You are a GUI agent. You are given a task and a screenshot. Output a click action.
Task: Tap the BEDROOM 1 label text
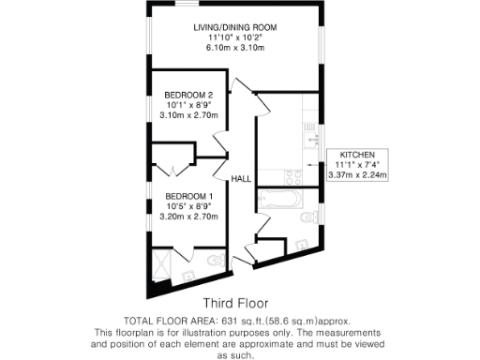click(x=189, y=195)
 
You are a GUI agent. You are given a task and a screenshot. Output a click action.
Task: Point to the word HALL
click(x=241, y=177)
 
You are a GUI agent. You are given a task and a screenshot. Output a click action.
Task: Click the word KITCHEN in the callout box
click(x=357, y=154)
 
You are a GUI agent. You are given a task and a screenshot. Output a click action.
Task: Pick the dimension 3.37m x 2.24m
click(x=357, y=174)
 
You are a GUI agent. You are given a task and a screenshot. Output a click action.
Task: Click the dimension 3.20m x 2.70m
click(x=189, y=216)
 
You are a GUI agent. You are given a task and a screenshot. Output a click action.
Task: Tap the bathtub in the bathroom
click(x=278, y=199)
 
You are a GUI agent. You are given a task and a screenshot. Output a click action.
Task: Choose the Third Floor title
click(x=235, y=304)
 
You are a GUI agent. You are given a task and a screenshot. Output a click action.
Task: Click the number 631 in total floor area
click(x=229, y=321)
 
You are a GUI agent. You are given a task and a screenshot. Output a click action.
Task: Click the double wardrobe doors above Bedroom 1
click(x=169, y=170)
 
